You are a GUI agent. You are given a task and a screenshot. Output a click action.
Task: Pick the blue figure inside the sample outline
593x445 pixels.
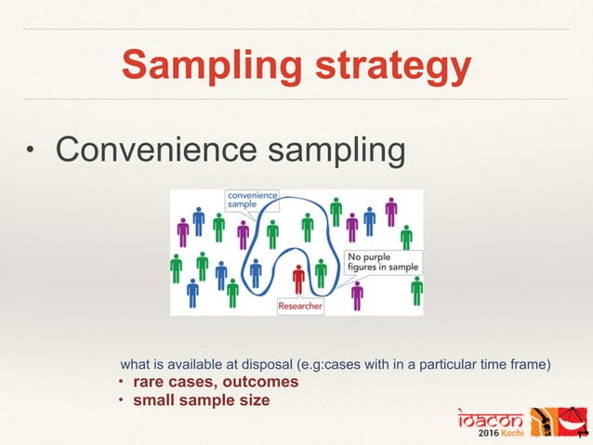point(256,272)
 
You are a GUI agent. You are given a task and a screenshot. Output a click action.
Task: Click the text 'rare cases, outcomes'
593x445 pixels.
point(216,382)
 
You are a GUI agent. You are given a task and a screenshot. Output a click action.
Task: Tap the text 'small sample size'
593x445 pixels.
point(202,400)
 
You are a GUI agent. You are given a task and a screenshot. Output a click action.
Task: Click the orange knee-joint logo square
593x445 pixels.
point(544,421)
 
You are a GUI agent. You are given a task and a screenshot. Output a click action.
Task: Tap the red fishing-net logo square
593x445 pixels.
point(575,421)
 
